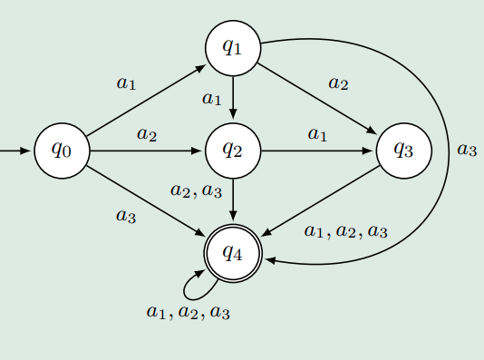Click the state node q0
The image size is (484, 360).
[x=62, y=150]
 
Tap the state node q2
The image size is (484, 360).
[x=234, y=150]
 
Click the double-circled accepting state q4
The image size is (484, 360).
[x=234, y=252]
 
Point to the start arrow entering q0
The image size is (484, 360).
[x=16, y=150]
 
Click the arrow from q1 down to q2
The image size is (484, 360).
[x=234, y=98]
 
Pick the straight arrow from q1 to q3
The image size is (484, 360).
[x=317, y=98]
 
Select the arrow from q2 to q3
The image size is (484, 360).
[x=317, y=150]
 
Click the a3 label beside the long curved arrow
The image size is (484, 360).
[x=466, y=150]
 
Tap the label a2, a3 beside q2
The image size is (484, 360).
[x=196, y=190]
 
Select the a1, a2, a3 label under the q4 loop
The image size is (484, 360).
[x=188, y=312]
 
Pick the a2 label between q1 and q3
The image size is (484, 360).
[x=338, y=83]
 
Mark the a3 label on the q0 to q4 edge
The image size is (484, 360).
[x=125, y=216]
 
